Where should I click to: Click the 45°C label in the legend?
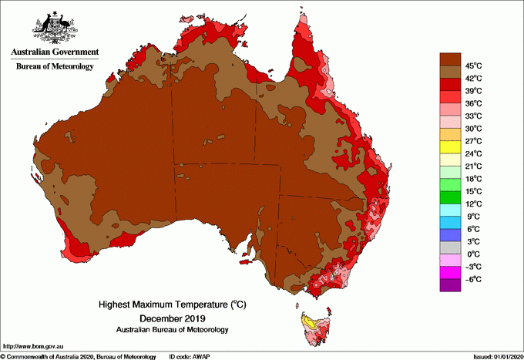pos(473,66)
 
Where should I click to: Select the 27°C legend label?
pos(473,141)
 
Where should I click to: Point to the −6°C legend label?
pos(473,279)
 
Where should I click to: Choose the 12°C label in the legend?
pos(473,204)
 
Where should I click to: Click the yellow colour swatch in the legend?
pos(450,147)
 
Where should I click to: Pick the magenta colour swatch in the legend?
pos(450,273)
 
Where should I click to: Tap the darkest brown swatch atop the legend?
pos(450,59)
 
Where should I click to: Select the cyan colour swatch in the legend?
pos(450,210)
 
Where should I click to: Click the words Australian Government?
pos(54,52)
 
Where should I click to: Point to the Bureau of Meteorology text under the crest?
pos(54,66)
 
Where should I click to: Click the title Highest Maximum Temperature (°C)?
pos(170,305)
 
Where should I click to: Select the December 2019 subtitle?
pos(171,318)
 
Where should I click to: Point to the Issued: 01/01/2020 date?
pos(497,356)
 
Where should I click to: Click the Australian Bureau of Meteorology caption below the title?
pos(171,330)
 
